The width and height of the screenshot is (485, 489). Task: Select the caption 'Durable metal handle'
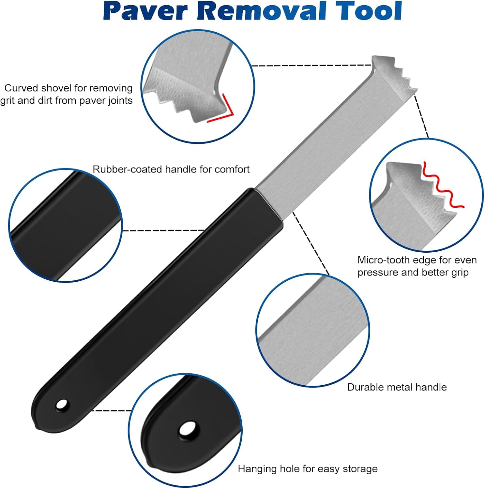(x=397, y=387)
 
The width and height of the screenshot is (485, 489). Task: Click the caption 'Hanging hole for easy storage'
(x=308, y=468)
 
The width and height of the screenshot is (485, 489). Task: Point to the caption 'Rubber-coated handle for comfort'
(x=171, y=169)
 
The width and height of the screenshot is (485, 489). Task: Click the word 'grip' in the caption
(x=460, y=272)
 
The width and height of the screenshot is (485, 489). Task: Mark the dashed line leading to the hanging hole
(x=111, y=410)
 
